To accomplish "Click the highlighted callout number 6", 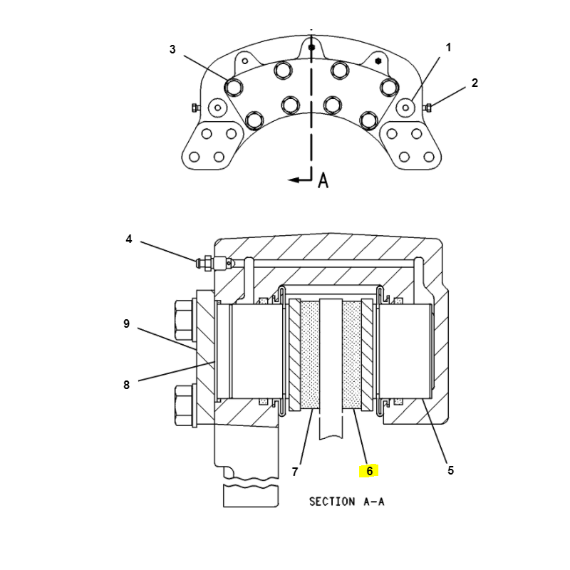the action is pyautogui.click(x=369, y=471).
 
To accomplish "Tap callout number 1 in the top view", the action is pyautogui.click(x=448, y=47).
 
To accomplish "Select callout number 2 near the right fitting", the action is pyautogui.click(x=475, y=83).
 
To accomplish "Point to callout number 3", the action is pyautogui.click(x=172, y=49).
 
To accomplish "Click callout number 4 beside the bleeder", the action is pyautogui.click(x=129, y=239).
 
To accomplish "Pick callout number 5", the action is pyautogui.click(x=450, y=470).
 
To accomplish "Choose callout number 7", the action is pyautogui.click(x=295, y=472).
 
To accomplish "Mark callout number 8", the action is pyautogui.click(x=126, y=385).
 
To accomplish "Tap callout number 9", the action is pyautogui.click(x=126, y=323).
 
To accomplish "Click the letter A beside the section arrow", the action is pyautogui.click(x=323, y=180).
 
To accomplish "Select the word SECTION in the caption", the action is pyautogui.click(x=332, y=502).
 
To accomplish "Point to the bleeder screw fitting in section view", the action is pyautogui.click(x=214, y=263).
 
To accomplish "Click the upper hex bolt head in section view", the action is pyautogui.click(x=185, y=321).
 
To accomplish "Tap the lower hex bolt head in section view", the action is pyautogui.click(x=185, y=405).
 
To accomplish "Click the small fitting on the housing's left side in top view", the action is pyautogui.click(x=195, y=108).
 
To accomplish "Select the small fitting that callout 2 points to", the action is pyautogui.click(x=428, y=108).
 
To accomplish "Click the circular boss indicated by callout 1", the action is pyautogui.click(x=405, y=108).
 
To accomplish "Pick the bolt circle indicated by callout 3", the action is pyautogui.click(x=234, y=87).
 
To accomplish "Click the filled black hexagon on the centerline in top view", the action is pyautogui.click(x=311, y=47).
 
